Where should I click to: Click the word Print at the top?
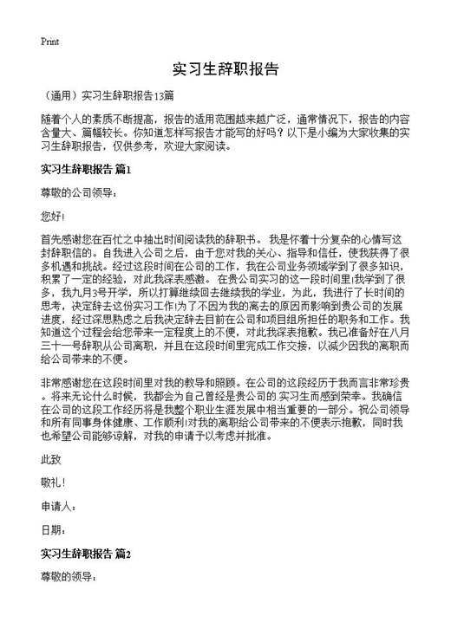50,41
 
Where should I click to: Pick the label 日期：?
53,530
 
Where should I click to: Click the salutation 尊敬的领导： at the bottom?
69,576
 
